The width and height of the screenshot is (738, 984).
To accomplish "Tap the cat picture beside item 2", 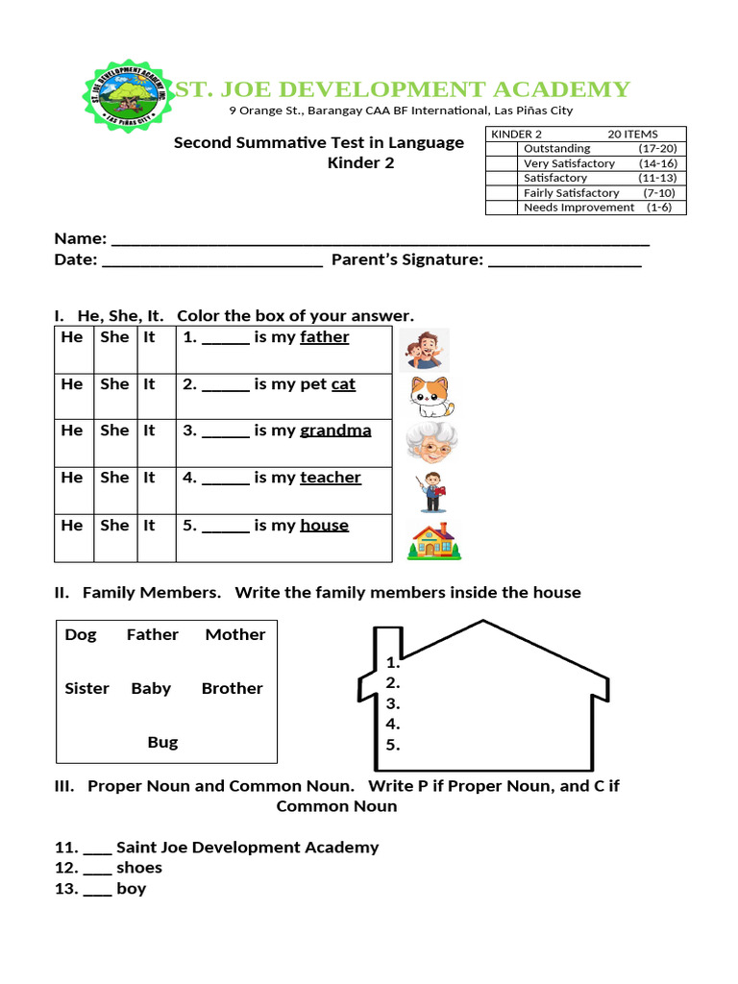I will tap(430, 396).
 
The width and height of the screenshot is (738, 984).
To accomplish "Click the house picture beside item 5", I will tap(433, 541).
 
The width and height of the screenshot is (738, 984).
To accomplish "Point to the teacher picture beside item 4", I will tap(431, 492).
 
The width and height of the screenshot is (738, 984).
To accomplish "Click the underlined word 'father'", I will tap(324, 337).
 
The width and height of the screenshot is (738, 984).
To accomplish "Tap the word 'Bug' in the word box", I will tap(162, 742).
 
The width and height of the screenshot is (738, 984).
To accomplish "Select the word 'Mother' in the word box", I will tap(234, 634).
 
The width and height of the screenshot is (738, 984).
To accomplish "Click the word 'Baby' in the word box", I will tap(151, 688).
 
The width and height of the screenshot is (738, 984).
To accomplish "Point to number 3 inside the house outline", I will tap(392, 703).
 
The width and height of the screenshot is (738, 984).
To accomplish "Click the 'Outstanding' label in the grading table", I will tap(556, 149).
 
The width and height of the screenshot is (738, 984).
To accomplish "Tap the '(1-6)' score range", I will tap(661, 208).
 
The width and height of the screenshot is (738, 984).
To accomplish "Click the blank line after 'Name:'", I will tap(381, 241).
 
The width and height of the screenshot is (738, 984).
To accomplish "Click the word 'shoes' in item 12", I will tap(139, 868).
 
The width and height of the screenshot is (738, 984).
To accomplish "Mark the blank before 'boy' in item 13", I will tap(97, 891).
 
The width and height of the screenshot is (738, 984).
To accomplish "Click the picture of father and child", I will tap(424, 350).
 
